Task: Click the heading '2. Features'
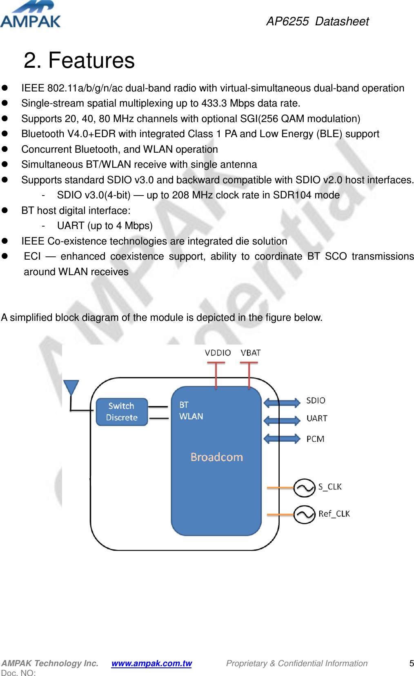(79, 60)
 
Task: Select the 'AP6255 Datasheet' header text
(317, 21)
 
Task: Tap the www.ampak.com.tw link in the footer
(151, 663)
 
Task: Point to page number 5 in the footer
(411, 663)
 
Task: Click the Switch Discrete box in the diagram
(122, 412)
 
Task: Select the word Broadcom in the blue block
(216, 457)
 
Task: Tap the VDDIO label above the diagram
(218, 353)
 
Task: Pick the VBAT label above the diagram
(250, 353)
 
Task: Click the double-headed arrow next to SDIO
(282, 403)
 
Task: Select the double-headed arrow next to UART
(282, 420)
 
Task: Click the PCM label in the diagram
(315, 439)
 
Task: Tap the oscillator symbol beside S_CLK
(304, 488)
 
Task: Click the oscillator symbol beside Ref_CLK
(304, 514)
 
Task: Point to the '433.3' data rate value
(214, 103)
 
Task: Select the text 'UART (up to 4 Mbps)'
(105, 226)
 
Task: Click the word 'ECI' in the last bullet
(32, 256)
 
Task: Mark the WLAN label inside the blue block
(191, 416)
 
